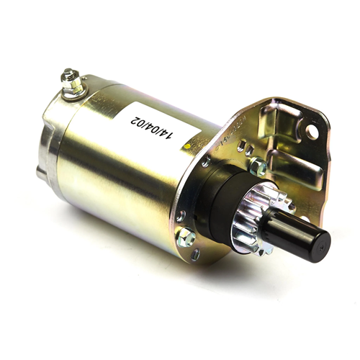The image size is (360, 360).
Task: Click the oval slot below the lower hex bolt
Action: point(194,253)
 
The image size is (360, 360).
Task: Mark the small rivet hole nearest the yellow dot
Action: point(206,163)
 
